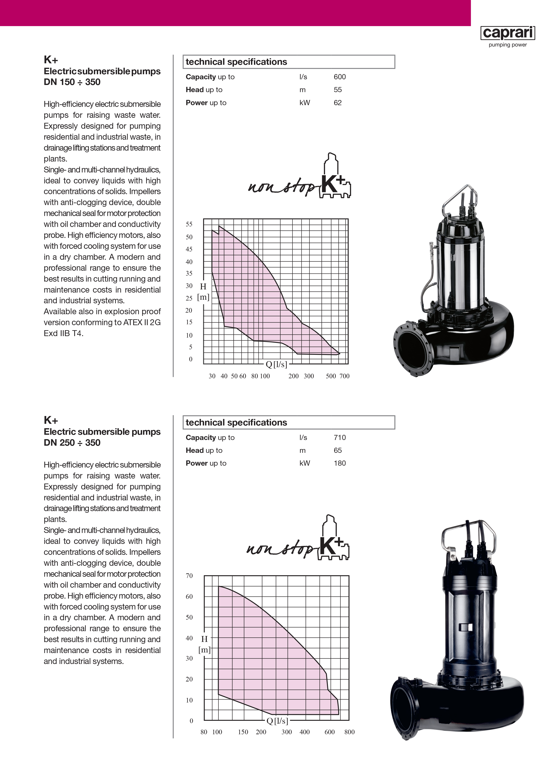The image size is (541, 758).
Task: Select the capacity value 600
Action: click(340, 77)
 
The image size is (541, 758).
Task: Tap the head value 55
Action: click(338, 90)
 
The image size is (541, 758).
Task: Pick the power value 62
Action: click(338, 103)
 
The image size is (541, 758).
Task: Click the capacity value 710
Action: click(340, 437)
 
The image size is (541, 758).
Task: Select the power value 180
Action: click(340, 463)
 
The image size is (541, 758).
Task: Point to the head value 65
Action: click(338, 451)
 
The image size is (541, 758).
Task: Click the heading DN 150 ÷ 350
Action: click(72, 82)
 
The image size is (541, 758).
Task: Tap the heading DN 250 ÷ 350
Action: click(72, 443)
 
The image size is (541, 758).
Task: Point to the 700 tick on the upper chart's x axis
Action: click(345, 376)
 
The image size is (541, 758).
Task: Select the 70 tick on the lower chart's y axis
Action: click(189, 576)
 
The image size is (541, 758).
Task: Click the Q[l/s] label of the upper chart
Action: click(276, 364)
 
